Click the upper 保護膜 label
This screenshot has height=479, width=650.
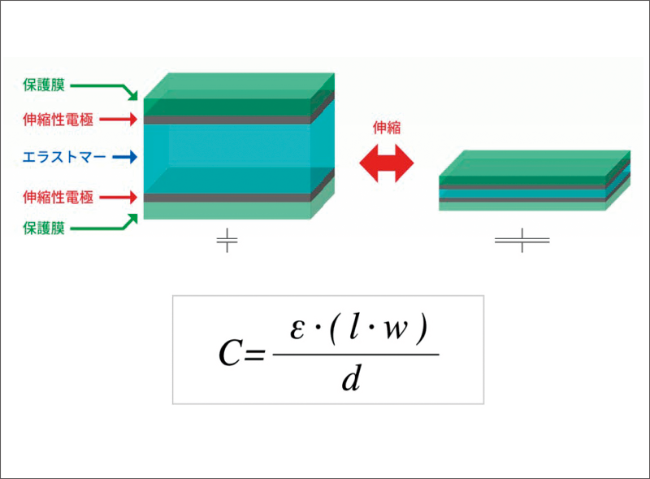(44, 85)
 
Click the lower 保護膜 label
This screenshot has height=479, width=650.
(44, 228)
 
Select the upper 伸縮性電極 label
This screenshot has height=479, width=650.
(58, 120)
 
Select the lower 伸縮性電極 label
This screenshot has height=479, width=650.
(58, 197)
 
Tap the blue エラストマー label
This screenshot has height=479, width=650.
(64, 157)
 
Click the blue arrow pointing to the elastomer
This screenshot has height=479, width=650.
(125, 157)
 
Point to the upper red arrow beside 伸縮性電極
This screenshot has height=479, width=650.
(119, 120)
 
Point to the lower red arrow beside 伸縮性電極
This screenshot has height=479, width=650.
(119, 197)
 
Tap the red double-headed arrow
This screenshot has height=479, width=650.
(387, 163)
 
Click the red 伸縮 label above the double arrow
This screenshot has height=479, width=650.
(387, 128)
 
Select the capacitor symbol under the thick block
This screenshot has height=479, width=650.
(227, 240)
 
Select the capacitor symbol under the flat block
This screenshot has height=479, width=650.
(522, 240)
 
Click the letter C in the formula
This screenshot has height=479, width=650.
(229, 354)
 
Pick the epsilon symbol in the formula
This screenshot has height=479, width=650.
(297, 330)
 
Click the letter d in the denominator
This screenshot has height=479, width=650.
(352, 377)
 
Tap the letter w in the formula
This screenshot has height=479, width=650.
(396, 330)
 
